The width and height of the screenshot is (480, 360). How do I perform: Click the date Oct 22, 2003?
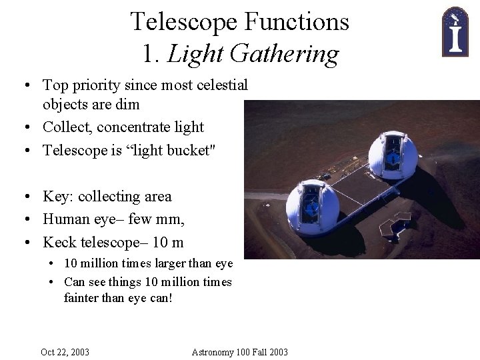click(x=65, y=351)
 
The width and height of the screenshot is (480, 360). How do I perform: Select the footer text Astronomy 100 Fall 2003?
click(x=239, y=351)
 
